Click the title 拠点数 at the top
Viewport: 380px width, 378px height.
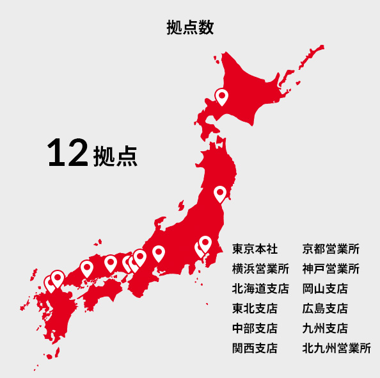(189, 28)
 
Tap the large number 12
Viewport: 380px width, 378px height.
(67, 154)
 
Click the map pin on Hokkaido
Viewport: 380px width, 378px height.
(221, 97)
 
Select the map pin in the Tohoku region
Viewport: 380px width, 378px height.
(219, 193)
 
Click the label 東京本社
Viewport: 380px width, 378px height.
(255, 249)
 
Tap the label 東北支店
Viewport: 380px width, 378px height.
(255, 308)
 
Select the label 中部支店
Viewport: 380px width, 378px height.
(255, 328)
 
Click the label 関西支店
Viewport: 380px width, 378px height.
(255, 348)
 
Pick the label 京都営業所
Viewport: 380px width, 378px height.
(331, 249)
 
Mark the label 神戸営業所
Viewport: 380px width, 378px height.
(331, 268)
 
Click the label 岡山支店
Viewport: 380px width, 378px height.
(325, 288)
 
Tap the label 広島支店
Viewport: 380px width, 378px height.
(325, 308)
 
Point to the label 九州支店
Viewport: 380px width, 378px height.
(325, 328)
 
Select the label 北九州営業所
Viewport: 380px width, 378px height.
(336, 348)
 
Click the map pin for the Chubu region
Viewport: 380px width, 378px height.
(158, 253)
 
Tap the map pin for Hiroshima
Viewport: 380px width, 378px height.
(86, 268)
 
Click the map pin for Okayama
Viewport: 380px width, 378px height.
(110, 263)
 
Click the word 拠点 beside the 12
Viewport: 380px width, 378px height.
(115, 157)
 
